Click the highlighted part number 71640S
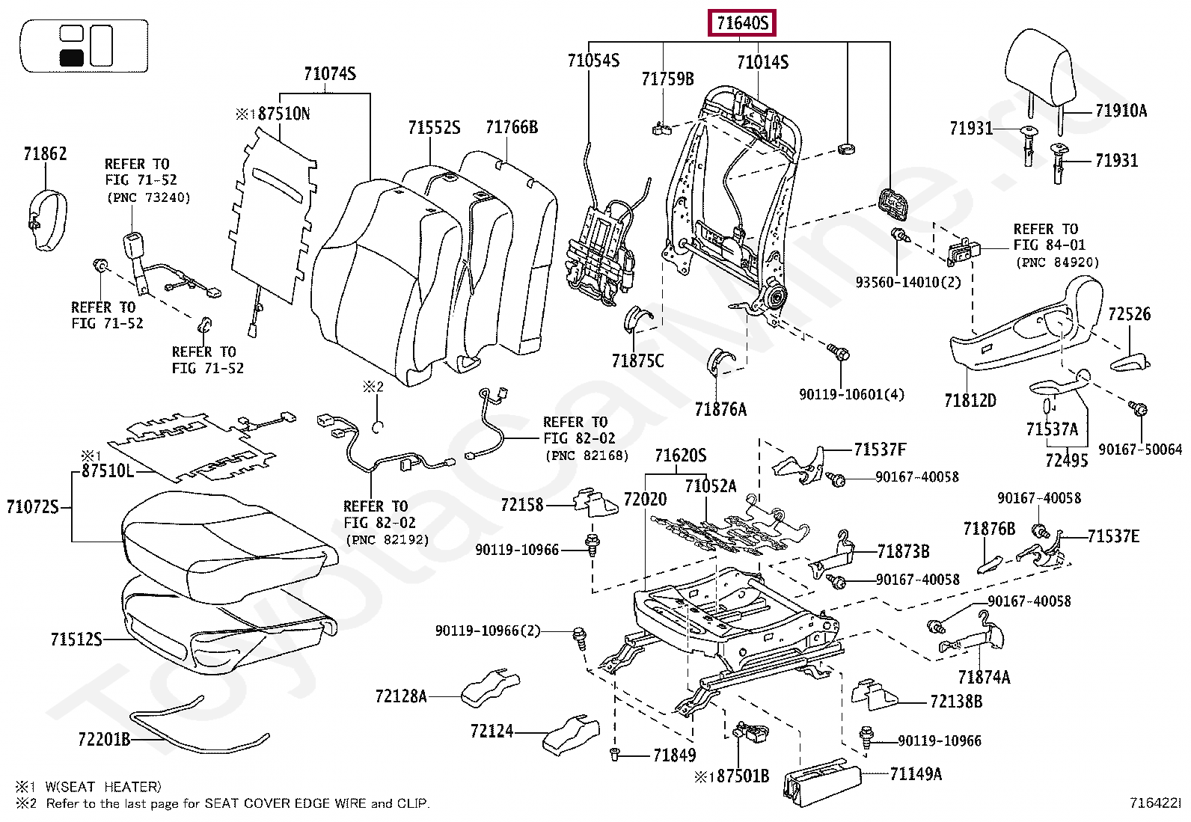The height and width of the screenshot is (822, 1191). (x=742, y=24)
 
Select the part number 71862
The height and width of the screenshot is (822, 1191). (x=45, y=154)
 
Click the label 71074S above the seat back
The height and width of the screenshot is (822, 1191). (x=329, y=74)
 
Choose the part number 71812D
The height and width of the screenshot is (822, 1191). (x=970, y=400)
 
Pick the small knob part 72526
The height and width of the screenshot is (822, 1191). (x=1129, y=364)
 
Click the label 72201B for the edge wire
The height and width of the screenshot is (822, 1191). (x=103, y=740)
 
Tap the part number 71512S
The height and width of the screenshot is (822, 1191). (x=76, y=639)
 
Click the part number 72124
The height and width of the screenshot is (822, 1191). (x=492, y=730)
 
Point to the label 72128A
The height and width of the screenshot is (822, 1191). (x=401, y=696)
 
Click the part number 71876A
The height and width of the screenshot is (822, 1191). (x=720, y=409)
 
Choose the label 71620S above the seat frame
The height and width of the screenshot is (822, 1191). (x=680, y=456)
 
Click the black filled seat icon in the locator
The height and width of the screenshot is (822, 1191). (x=71, y=57)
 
